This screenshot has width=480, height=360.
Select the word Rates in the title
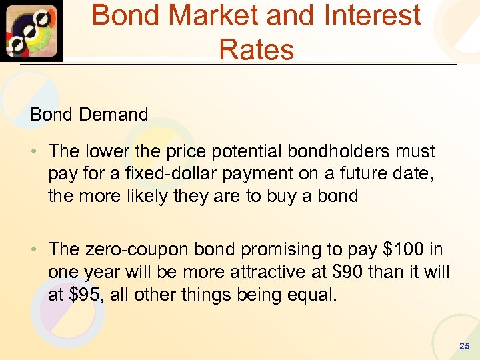pyautogui.click(x=256, y=49)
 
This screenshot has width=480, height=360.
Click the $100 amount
pyautogui.click(x=404, y=249)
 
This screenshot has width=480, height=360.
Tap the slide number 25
pyautogui.click(x=465, y=346)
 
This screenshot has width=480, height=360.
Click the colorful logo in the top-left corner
pyautogui.click(x=31, y=31)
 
